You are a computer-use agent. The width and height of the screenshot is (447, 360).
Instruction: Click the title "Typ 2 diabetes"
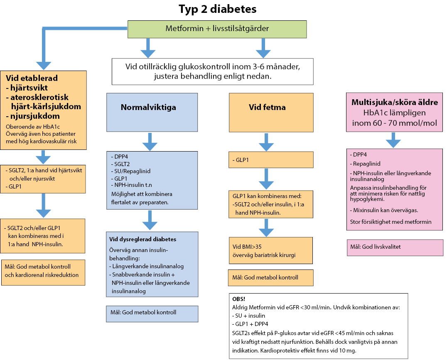pos(217,9)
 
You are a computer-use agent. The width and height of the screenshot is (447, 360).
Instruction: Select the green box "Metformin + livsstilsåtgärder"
pos(217,29)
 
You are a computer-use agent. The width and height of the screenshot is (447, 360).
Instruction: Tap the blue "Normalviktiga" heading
pos(148,107)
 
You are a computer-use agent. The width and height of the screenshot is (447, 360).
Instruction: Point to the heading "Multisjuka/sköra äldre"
pos(394,102)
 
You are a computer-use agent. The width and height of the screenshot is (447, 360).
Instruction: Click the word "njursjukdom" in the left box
pos(35,116)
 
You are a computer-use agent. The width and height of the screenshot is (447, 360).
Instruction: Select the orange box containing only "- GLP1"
pos(270,159)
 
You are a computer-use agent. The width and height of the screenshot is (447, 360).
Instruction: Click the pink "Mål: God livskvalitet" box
pos(394,247)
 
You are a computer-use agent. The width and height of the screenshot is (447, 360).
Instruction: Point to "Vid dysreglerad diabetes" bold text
pos(142,240)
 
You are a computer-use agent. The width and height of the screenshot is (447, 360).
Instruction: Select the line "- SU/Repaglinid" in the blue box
pos(131,171)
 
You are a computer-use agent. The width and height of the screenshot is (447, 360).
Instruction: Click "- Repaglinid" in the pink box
pos(365,164)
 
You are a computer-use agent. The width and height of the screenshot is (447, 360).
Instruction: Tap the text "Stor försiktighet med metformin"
pos(391,222)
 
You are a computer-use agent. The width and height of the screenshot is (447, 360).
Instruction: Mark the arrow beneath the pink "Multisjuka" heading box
pos(393,140)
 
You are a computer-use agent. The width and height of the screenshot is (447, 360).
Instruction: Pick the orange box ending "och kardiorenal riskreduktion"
pos(43,271)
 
